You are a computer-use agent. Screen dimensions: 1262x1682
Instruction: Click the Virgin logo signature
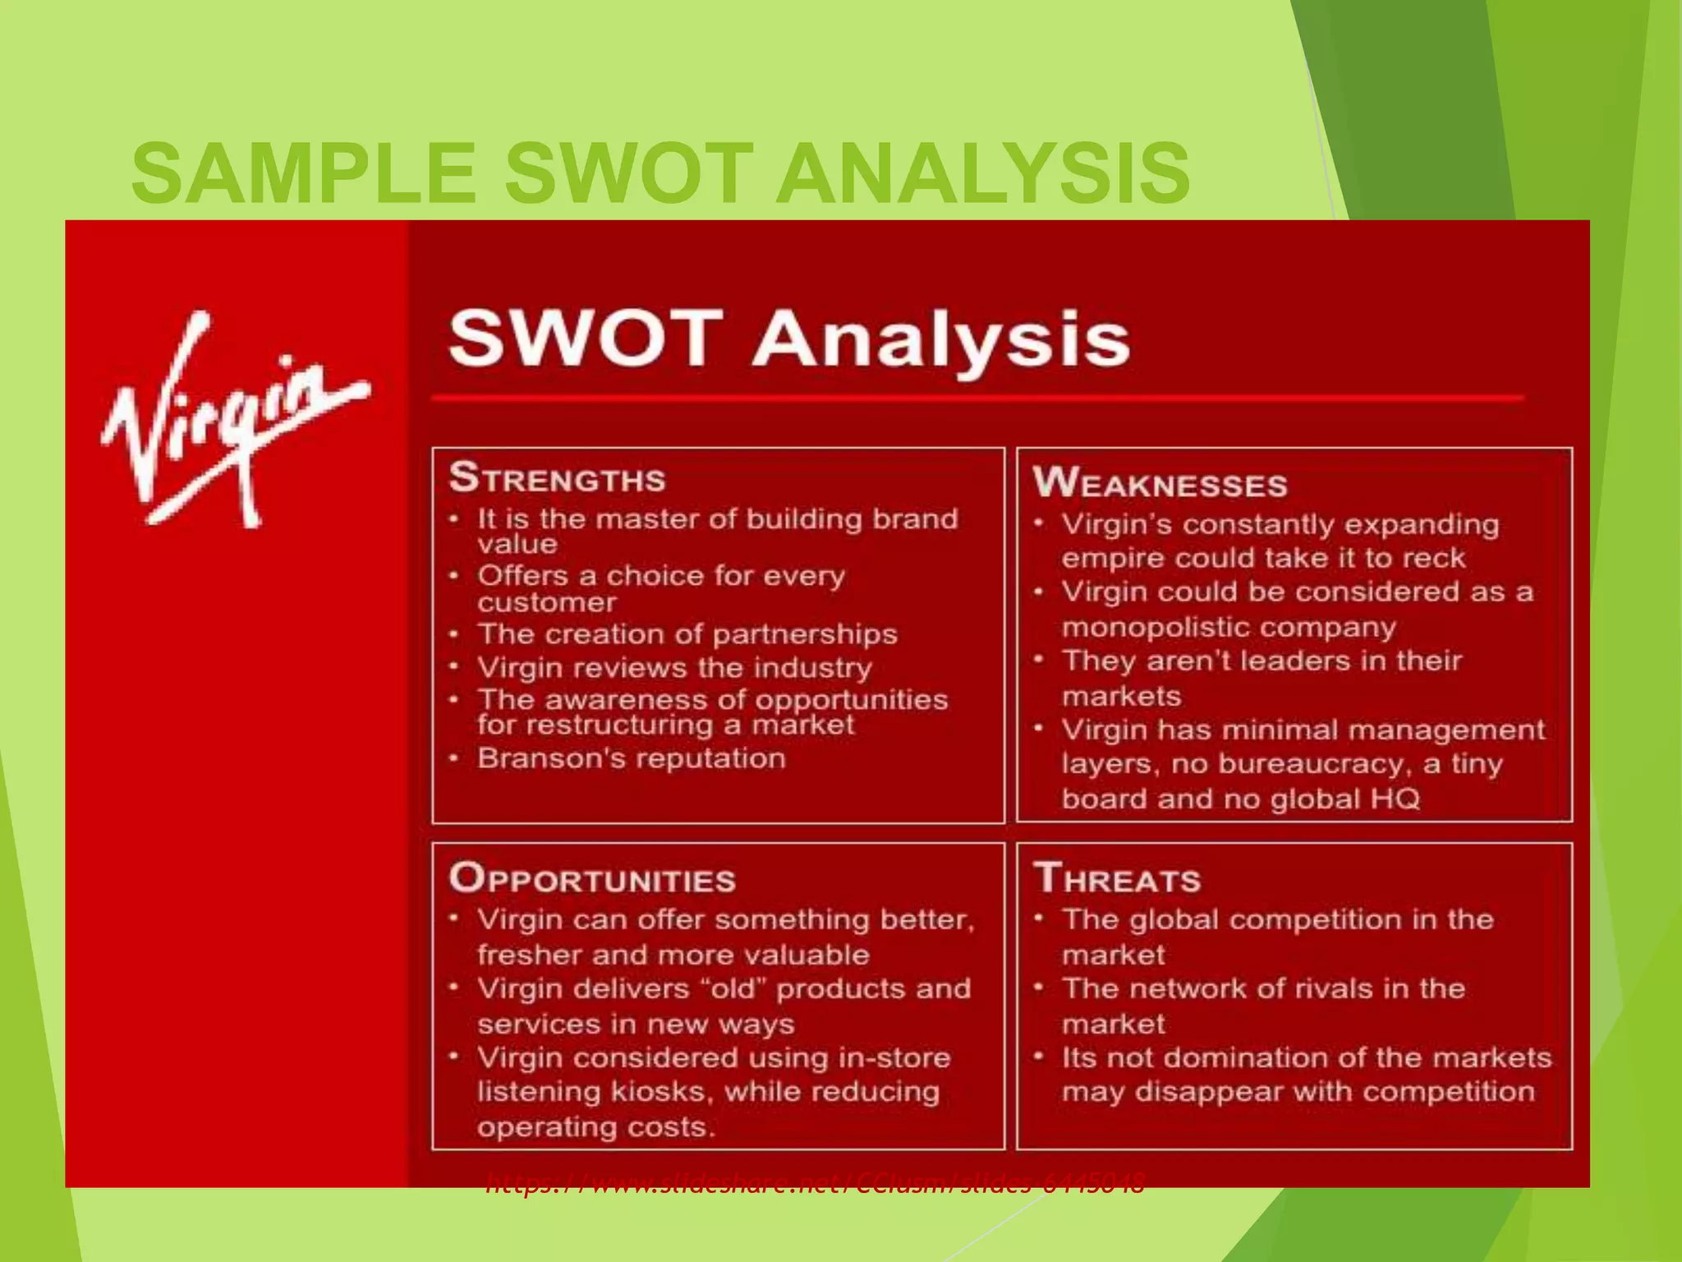click(x=234, y=419)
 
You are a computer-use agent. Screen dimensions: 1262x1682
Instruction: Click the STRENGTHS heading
click(x=557, y=478)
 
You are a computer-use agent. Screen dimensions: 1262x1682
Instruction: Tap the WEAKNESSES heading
click(x=1160, y=483)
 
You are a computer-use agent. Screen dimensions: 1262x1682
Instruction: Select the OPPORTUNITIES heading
click(x=591, y=879)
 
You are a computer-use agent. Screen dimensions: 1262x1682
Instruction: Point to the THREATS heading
click(x=1117, y=879)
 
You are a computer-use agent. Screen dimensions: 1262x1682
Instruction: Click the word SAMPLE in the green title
click(x=304, y=174)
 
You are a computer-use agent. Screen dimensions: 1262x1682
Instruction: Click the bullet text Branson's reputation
click(x=631, y=758)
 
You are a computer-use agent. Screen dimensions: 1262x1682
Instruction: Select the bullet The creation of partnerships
click(x=687, y=634)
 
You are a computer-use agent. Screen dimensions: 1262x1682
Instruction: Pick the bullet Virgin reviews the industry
click(x=673, y=668)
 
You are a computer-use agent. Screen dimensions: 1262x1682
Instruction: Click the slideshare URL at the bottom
click(x=815, y=1184)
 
